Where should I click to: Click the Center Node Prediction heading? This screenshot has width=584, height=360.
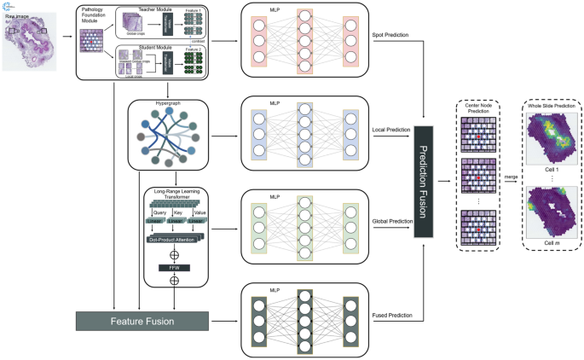[477, 107]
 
